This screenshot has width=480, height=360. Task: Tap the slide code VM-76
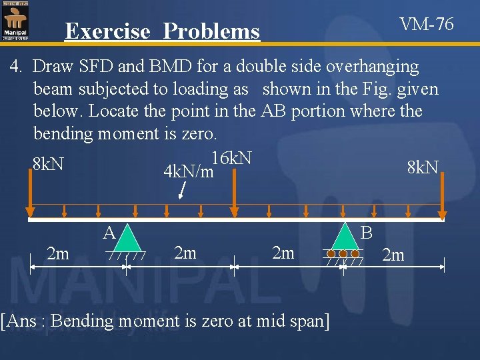427,25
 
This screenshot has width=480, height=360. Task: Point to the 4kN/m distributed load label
188,172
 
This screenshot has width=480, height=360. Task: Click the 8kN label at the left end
48,163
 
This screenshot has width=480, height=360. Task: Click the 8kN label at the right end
423,167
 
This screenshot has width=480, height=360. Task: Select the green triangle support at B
344,236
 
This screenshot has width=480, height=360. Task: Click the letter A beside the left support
110,232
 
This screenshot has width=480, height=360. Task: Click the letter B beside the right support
367,233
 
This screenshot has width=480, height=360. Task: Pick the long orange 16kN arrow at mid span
234,193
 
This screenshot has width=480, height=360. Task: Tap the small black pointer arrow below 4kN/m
186,191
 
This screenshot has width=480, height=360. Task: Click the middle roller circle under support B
344,254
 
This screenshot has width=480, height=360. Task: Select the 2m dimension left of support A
58,253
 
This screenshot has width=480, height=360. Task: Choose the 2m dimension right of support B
393,255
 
